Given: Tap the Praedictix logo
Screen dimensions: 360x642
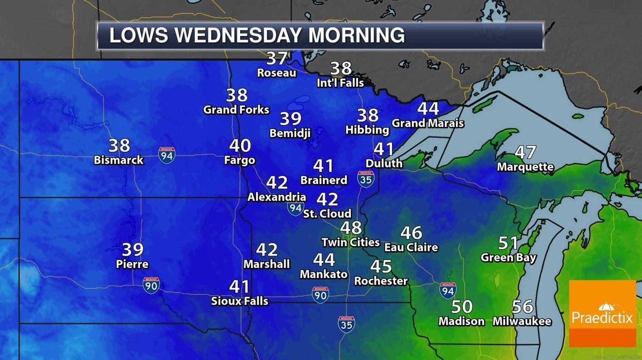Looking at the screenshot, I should click(601, 313).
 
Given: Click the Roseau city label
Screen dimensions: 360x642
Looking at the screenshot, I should click(277, 72).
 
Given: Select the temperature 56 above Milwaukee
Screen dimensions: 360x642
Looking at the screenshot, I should click(522, 307).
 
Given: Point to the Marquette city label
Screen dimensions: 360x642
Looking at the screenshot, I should click(525, 167).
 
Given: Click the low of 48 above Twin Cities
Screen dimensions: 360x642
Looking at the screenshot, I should click(351, 228).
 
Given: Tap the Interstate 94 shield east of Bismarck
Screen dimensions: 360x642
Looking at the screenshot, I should click(166, 155).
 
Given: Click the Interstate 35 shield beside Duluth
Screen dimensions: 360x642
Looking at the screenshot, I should click(365, 179).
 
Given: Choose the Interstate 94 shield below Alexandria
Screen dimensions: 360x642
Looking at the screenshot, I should click(295, 208).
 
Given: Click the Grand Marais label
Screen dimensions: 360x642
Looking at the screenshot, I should click(427, 123).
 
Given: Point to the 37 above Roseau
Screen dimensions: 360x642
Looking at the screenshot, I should click(277, 58).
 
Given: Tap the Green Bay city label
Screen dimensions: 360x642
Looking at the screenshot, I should click(508, 257).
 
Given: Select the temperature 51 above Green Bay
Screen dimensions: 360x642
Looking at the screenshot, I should click(508, 243).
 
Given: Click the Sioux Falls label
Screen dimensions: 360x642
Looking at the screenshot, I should click(240, 301).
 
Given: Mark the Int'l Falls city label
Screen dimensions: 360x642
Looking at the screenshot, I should click(340, 83).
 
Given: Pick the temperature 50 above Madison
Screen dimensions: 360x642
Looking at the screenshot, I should click(462, 307).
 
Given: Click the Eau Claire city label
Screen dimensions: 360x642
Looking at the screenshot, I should click(411, 247).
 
